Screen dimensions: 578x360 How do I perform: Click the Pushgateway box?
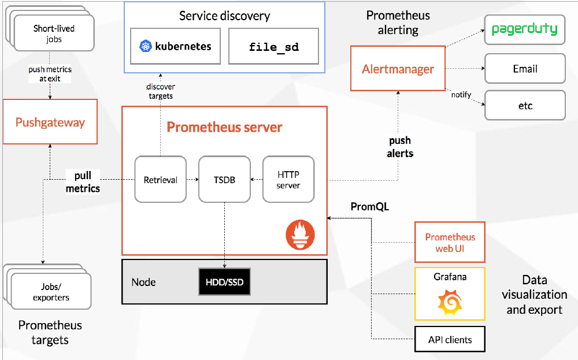click(50, 121)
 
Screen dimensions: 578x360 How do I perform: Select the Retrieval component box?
click(160, 180)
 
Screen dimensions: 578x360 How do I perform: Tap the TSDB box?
click(224, 180)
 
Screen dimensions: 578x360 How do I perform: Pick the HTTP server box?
click(288, 180)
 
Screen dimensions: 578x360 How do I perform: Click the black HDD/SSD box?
click(224, 282)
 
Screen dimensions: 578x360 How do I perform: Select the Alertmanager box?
click(398, 69)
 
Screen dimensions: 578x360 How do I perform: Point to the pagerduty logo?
click(525, 29)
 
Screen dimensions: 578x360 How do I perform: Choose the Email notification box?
click(525, 69)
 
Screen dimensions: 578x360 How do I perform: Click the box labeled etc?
click(525, 105)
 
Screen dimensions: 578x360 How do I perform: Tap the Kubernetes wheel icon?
click(146, 46)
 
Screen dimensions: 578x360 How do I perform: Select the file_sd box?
click(273, 46)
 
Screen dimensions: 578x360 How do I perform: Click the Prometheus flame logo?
click(300, 235)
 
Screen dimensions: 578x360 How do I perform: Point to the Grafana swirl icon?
click(450, 302)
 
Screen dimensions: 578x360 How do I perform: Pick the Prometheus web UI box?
click(450, 242)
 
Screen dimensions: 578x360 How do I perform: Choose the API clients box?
click(450, 339)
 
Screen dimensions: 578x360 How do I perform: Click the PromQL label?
click(370, 207)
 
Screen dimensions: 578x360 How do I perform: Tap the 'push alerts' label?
click(400, 147)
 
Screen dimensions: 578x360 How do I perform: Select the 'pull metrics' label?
click(83, 182)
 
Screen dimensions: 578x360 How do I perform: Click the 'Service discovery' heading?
click(224, 16)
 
